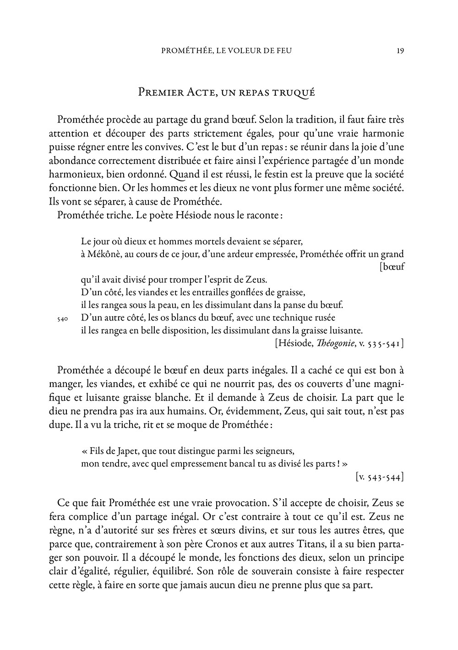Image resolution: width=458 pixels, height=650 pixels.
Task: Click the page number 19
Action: (400, 51)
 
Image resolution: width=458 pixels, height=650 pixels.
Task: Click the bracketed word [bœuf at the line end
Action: (392, 266)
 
